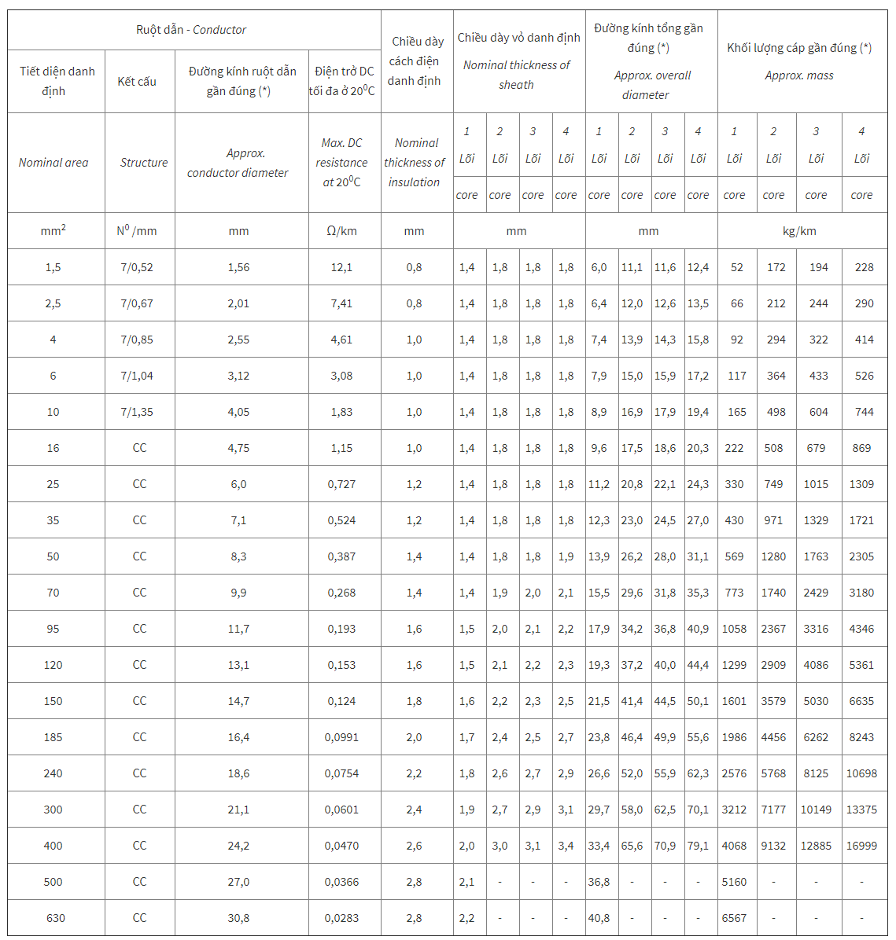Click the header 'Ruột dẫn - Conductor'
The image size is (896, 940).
(x=191, y=30)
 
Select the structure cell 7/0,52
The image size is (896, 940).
(x=137, y=267)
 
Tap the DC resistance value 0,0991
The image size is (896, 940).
(x=341, y=737)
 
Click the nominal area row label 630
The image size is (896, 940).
(x=55, y=918)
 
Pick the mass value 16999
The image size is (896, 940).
(x=861, y=846)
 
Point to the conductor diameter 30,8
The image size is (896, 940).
(x=238, y=918)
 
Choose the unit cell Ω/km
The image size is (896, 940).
(x=341, y=231)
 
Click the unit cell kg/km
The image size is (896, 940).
(x=799, y=231)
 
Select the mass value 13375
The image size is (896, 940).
(x=861, y=810)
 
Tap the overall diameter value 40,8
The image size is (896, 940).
(x=599, y=918)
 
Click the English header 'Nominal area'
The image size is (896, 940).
(x=53, y=163)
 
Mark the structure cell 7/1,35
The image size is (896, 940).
(x=137, y=412)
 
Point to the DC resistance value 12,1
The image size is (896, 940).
(x=341, y=267)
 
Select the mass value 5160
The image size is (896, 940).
(x=734, y=882)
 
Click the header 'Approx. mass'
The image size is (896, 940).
(x=799, y=75)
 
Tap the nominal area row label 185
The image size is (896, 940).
(x=53, y=737)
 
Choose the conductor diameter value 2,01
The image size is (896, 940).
(x=238, y=303)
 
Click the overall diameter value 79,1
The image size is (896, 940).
(x=698, y=846)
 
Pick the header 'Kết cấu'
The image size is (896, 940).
(x=137, y=81)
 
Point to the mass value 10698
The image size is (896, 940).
(x=861, y=773)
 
